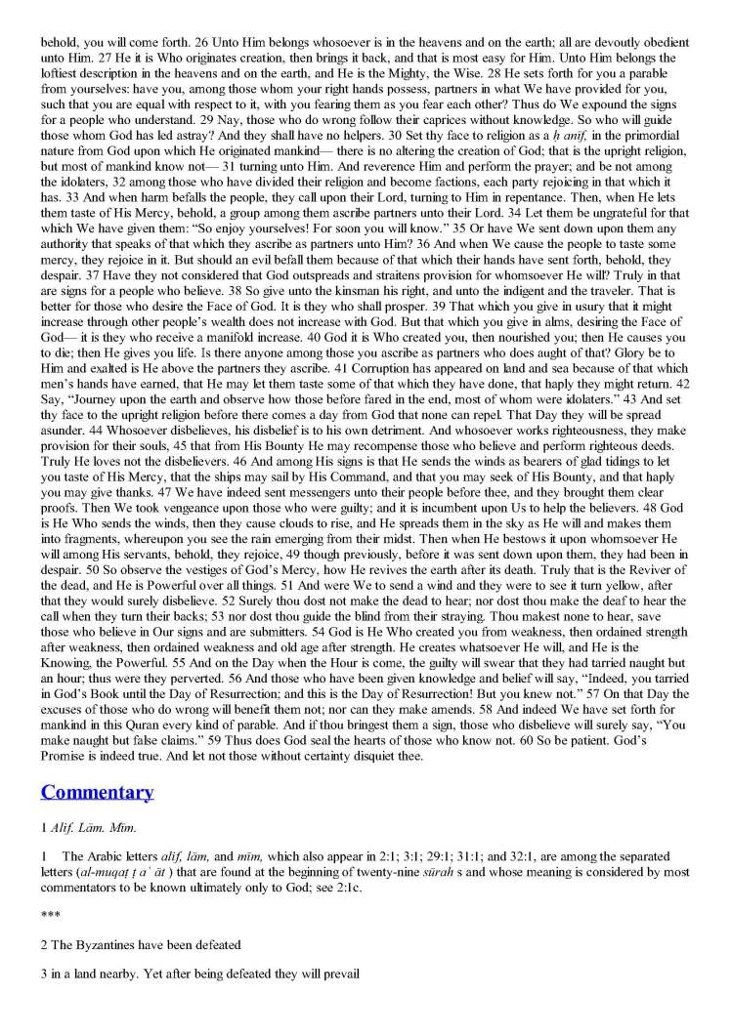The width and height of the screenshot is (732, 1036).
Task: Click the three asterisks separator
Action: [x=48, y=936]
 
